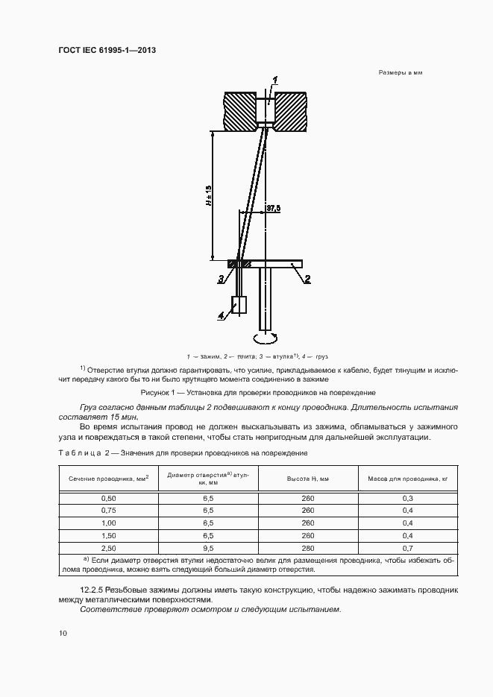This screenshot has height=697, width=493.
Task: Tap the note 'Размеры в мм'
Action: (x=401, y=73)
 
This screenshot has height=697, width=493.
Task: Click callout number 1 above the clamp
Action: (x=274, y=79)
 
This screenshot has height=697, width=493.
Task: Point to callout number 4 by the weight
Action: (x=221, y=315)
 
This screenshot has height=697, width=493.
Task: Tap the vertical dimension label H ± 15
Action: (x=209, y=195)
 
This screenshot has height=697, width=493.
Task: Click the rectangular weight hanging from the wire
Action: (x=239, y=305)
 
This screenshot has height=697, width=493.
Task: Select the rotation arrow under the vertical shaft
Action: (x=266, y=338)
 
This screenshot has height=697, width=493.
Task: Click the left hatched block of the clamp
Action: (x=240, y=110)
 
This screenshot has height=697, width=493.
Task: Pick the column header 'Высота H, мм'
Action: (x=308, y=478)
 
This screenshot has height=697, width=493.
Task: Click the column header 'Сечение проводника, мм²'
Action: (x=109, y=478)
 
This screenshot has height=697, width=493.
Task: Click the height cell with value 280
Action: (x=308, y=547)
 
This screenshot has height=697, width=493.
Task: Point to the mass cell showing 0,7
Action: (x=408, y=547)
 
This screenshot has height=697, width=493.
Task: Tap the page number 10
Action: (x=63, y=634)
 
